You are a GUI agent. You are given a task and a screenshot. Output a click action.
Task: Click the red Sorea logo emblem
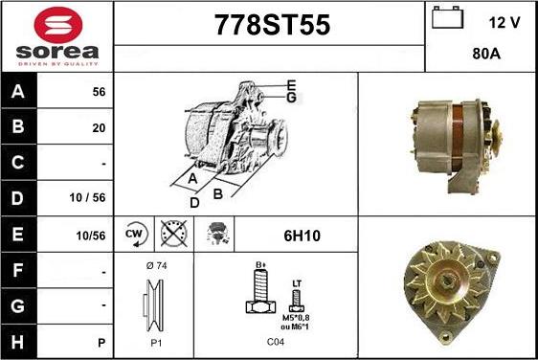58,25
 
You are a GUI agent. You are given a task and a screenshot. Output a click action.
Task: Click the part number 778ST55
273,25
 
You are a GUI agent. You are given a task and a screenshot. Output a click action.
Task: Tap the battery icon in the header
447,17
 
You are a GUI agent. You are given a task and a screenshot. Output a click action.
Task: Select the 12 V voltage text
504,23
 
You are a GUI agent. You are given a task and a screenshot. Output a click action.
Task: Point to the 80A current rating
486,54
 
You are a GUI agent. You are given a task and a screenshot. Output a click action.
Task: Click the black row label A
18,91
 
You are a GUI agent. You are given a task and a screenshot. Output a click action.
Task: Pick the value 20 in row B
99,128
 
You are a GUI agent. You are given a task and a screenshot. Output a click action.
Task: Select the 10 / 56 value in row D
87,197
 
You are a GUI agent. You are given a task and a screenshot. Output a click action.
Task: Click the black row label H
18,342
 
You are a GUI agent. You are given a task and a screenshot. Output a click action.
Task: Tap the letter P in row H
101,343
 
